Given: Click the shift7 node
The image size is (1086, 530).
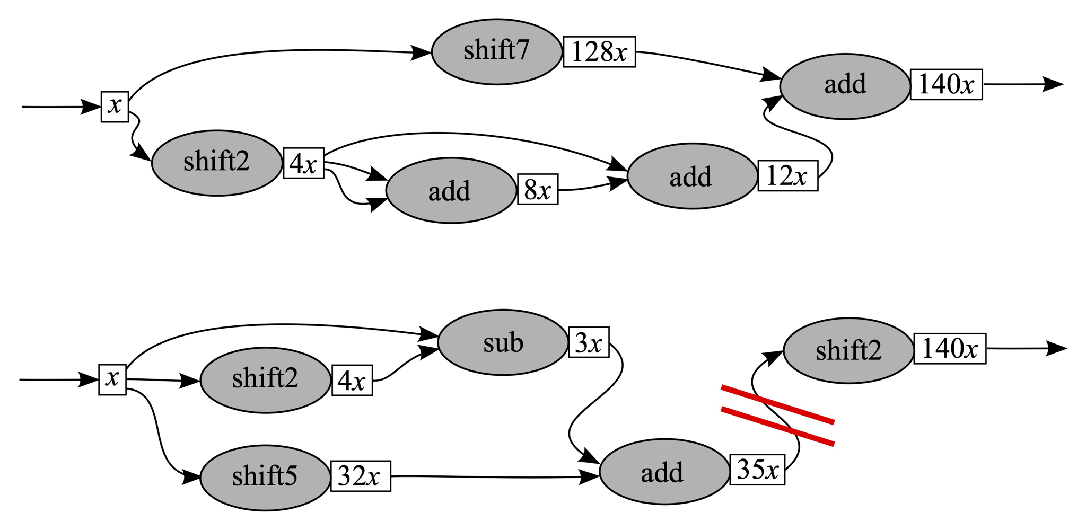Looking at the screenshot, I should [496, 52].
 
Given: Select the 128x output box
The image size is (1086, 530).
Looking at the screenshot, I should [599, 52].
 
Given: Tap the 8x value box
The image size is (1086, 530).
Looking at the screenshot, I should [537, 189].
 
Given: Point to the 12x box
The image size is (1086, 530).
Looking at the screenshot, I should [787, 175].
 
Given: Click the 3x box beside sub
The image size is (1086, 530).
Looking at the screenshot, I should [589, 343].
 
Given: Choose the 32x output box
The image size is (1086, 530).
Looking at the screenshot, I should [361, 476].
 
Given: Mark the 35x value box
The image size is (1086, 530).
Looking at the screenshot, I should [757, 470].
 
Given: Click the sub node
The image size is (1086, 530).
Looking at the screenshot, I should [503, 343].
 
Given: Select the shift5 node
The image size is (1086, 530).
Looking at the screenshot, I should [265, 477].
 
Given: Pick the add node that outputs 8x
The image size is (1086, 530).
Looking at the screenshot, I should [450, 190].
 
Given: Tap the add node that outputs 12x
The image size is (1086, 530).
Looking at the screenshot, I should [691, 176].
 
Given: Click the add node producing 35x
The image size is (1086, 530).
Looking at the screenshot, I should [664, 472].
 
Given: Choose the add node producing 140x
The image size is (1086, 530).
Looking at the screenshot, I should [845, 85].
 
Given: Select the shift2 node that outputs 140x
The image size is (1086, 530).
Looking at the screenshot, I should [848, 350].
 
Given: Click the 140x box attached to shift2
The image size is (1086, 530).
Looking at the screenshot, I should [950, 349].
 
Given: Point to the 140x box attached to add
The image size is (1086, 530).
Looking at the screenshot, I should [946, 84].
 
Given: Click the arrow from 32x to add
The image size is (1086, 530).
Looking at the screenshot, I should [493, 477].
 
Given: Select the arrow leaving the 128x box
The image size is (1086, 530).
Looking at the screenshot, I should [705, 65].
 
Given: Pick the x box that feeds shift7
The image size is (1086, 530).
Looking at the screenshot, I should [115, 107].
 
